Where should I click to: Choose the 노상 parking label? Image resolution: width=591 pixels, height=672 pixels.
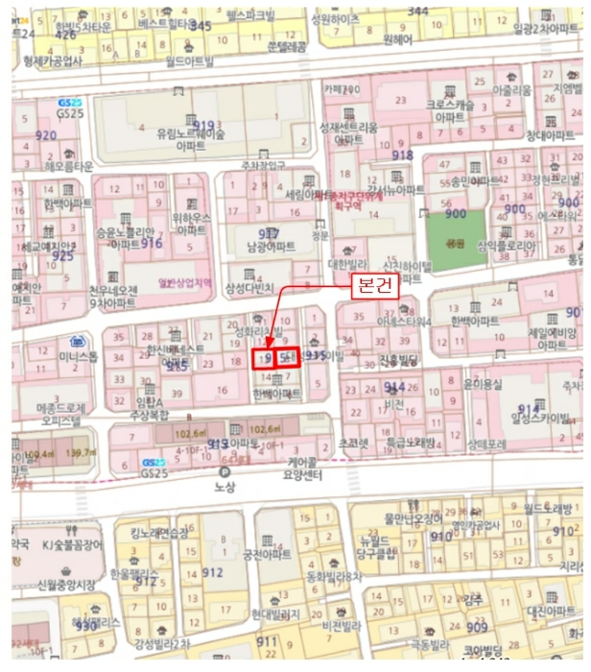tap(225, 487)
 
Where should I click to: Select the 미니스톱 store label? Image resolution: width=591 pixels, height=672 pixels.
tap(78, 357)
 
